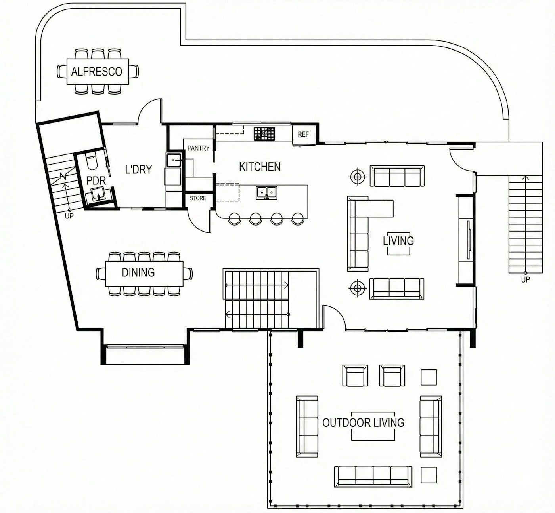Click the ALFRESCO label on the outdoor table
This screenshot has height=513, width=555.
tap(97, 72)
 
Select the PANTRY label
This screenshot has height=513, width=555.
tap(199, 148)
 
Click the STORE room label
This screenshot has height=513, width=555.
tap(198, 198)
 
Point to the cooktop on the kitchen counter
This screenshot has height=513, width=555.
tap(264, 134)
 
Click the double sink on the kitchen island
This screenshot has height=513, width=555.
tap(266, 193)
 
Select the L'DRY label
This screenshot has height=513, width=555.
tap(139, 169)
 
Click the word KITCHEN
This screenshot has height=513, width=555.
tap(260, 167)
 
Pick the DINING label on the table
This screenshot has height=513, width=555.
tap(138, 272)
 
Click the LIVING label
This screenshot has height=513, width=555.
tap(398, 241)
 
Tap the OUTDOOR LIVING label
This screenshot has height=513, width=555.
tap(363, 423)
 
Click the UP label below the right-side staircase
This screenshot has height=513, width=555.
tap(525, 280)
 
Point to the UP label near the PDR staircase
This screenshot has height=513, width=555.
tap(69, 216)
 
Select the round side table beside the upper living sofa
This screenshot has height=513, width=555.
tap(358, 177)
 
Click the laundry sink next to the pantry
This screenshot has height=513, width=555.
tap(174, 160)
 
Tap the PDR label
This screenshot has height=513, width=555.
tap(96, 181)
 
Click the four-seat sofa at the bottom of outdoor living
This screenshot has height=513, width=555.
tap(373, 477)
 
